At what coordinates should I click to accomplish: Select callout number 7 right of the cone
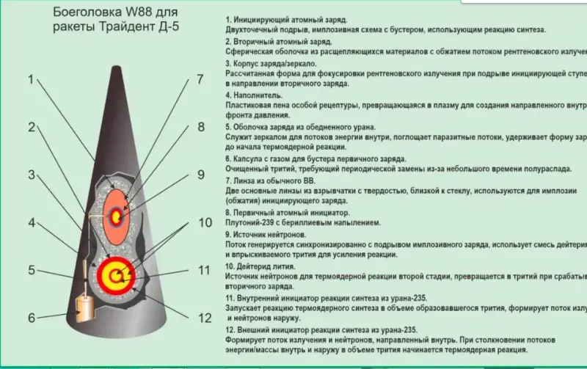click(200, 80)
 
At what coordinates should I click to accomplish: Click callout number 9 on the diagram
click(200, 175)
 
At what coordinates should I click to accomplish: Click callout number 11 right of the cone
click(205, 270)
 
